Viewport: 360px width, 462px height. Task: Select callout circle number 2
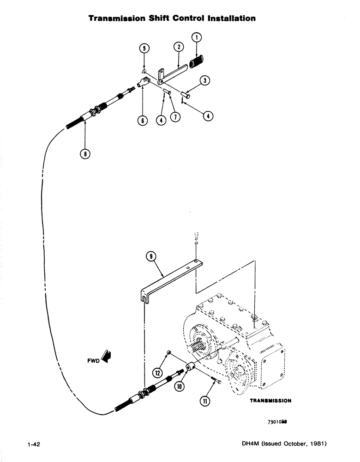pyautogui.click(x=179, y=47)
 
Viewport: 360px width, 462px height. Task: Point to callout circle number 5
pyautogui.click(x=144, y=48)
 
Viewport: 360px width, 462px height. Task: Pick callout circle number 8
pyautogui.click(x=85, y=154)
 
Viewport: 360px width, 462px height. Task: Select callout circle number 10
pyautogui.click(x=179, y=385)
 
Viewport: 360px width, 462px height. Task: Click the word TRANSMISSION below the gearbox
pyautogui.click(x=270, y=401)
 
